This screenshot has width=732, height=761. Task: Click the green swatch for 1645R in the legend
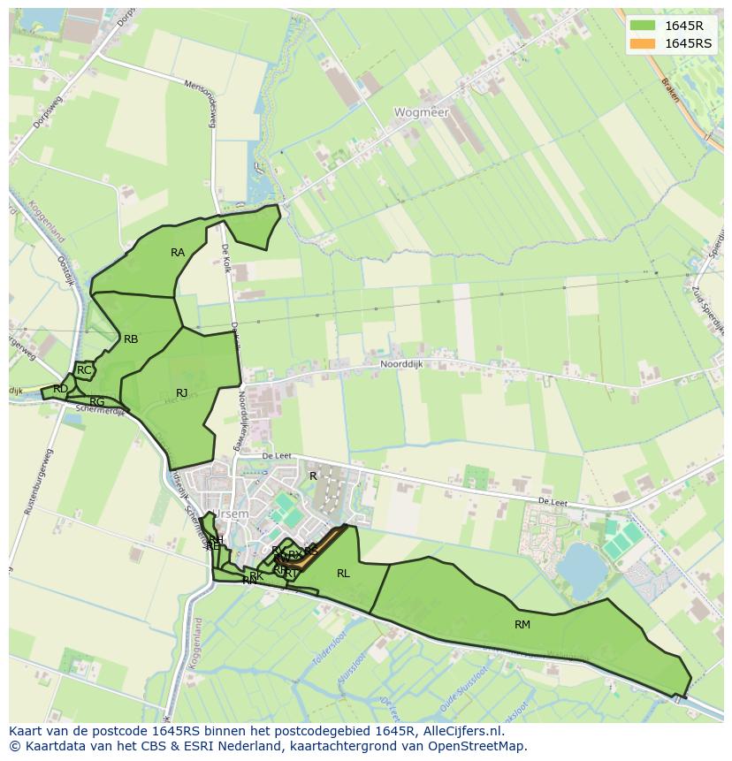643,25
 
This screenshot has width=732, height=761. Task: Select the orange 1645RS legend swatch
643,43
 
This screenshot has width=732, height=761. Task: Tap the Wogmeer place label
422,113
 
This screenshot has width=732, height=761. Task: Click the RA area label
178,253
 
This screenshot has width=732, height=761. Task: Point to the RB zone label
131,339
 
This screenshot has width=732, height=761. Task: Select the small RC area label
84,370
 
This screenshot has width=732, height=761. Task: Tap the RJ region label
181,393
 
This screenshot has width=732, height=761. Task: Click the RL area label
343,574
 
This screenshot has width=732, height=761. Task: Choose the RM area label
522,625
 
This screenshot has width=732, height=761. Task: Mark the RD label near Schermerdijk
60,389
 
